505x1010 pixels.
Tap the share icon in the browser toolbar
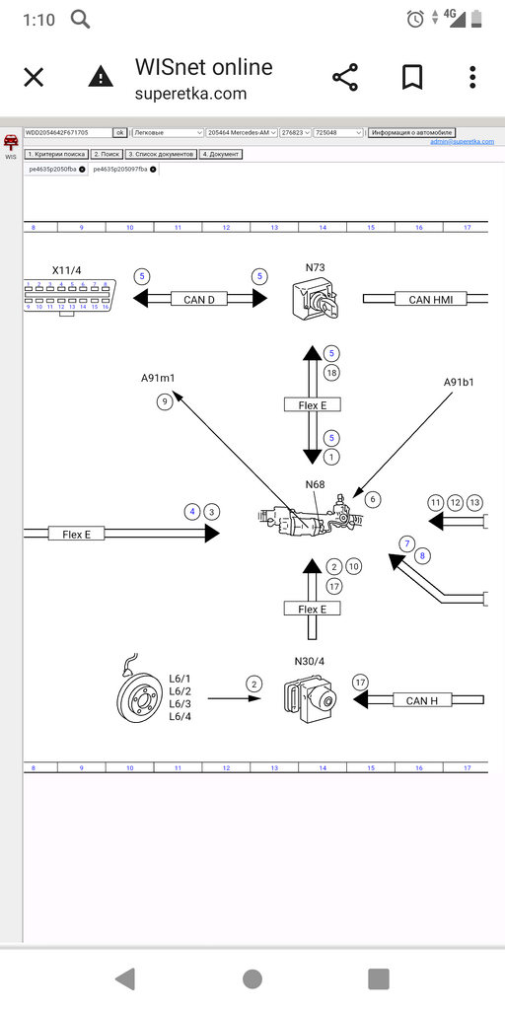344,78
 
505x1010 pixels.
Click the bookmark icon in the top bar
411,78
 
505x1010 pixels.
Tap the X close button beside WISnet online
34,78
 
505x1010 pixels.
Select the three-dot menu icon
473,78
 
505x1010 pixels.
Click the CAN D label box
198,299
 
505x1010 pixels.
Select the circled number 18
331,372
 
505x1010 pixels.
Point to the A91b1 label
459,381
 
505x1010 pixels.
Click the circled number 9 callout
164,400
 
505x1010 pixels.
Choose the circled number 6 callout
372,500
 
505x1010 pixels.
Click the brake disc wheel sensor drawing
138,698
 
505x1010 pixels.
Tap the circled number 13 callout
474,503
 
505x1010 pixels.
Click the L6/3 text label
180,703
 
